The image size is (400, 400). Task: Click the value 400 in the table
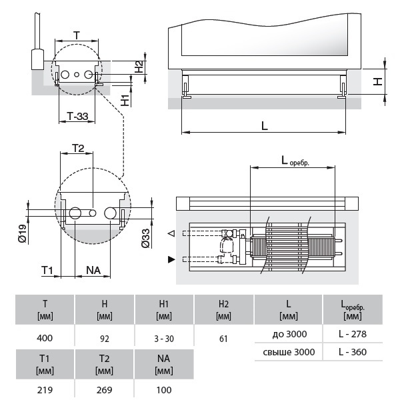point(45,338)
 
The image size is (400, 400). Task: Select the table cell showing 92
point(104,338)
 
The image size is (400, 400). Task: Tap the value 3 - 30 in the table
point(164,338)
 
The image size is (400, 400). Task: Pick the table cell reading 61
point(223,338)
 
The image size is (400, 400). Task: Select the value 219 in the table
point(45,390)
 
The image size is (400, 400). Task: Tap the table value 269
point(104,390)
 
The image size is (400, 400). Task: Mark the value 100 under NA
point(164,390)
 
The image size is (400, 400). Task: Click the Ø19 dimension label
point(23,233)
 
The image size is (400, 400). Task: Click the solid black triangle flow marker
point(171,258)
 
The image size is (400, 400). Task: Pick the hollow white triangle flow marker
point(171,234)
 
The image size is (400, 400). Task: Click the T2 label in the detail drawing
point(78,147)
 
